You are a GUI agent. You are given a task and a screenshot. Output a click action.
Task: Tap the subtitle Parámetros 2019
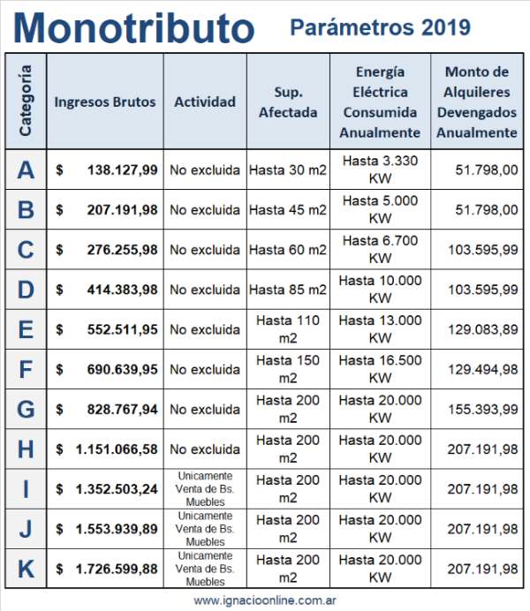click(380, 27)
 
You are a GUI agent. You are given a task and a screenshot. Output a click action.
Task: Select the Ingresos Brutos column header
click(104, 102)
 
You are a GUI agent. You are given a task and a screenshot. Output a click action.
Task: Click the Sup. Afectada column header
click(288, 102)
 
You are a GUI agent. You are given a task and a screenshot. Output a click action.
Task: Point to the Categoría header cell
click(26, 101)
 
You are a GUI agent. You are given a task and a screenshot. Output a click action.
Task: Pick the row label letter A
click(26, 170)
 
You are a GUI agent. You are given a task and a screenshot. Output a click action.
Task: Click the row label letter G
click(26, 410)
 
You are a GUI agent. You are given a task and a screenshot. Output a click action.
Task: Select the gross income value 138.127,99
click(122, 170)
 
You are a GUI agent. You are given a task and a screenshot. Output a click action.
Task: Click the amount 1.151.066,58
click(117, 449)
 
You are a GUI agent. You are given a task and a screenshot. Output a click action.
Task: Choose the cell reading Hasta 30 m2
click(288, 170)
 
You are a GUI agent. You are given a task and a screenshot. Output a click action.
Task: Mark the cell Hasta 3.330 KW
click(380, 170)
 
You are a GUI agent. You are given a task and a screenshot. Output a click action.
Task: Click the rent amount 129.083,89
click(482, 329)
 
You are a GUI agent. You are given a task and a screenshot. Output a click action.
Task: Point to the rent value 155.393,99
click(482, 410)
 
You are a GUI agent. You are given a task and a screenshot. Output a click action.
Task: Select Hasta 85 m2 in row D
click(288, 290)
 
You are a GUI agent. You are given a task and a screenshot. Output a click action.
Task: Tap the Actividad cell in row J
click(205, 529)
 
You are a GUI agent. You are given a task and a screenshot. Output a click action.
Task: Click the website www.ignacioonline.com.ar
click(265, 600)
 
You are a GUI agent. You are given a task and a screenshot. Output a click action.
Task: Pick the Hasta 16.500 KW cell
click(380, 369)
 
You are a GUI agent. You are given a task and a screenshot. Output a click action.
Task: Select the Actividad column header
click(205, 102)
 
